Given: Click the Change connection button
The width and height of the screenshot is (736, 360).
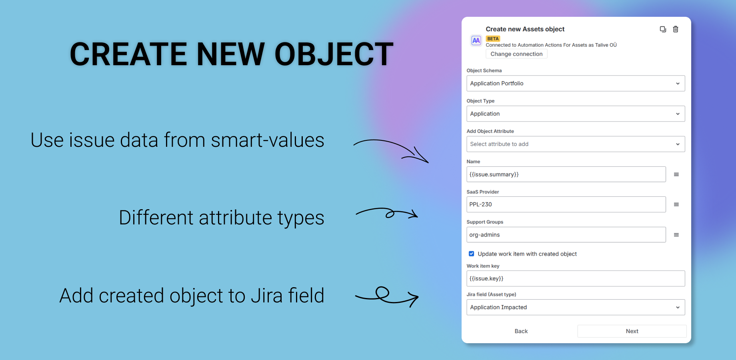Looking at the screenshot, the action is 516,54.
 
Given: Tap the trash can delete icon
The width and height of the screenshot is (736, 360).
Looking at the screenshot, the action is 676,29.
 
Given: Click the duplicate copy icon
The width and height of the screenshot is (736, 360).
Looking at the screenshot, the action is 663,29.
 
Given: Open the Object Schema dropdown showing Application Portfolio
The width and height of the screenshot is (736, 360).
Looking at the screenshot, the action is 576,83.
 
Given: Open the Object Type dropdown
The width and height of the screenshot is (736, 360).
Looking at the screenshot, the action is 576,114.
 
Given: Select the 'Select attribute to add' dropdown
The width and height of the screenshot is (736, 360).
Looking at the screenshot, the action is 576,144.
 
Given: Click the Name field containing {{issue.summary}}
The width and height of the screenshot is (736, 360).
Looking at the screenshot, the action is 566,174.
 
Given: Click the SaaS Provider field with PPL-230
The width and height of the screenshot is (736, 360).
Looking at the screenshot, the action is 566,204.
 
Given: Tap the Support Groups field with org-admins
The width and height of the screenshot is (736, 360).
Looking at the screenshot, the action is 566,235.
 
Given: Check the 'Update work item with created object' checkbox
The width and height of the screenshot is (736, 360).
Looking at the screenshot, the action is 472,254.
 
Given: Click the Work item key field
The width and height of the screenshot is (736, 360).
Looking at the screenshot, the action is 576,278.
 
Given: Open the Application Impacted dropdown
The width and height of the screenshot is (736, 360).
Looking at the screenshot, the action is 576,307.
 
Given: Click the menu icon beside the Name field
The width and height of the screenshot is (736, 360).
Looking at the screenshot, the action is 676,174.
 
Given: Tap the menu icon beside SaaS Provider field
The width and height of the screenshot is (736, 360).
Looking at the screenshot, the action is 676,204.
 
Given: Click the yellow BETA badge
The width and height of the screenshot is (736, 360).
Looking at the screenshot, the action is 493,39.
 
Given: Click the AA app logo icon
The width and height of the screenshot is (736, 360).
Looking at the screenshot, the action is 476,40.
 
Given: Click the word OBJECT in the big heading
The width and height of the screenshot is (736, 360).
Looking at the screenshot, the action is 334,54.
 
